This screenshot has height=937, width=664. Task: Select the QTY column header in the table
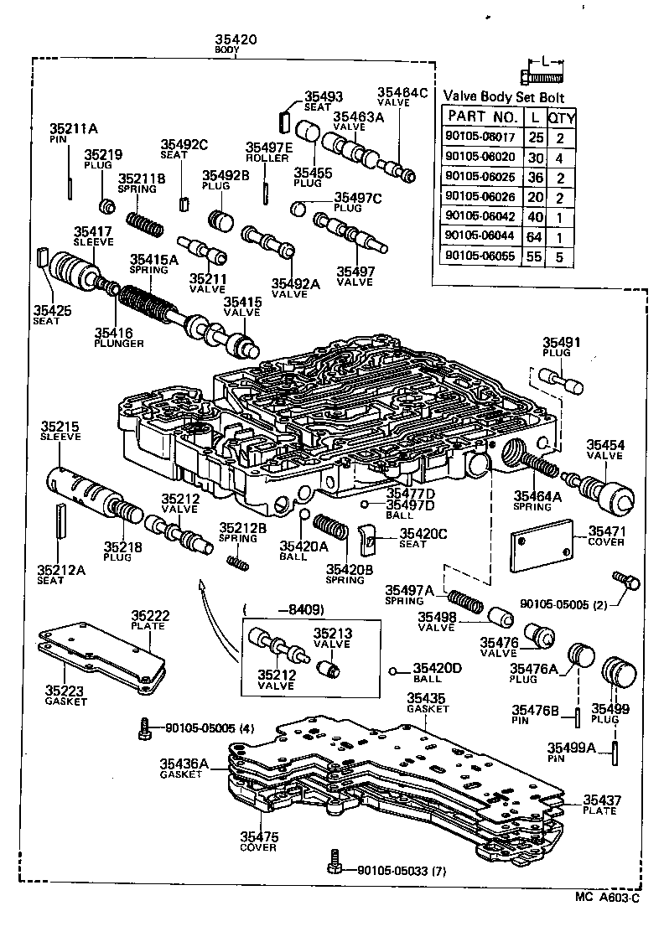(x=559, y=116)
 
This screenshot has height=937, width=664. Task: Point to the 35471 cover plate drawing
(x=542, y=549)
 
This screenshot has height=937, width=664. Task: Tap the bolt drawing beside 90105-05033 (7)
(x=335, y=860)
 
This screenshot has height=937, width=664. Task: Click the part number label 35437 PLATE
(x=602, y=805)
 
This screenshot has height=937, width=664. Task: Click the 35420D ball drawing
(x=394, y=670)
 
